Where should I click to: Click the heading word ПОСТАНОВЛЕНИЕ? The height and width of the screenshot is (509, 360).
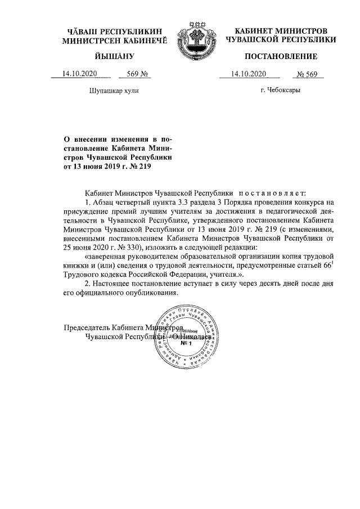pyautogui.click(x=281, y=56)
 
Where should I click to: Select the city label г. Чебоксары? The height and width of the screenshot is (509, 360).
pyautogui.click(x=280, y=90)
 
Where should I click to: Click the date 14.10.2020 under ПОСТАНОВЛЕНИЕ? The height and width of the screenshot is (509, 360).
pyautogui.click(x=247, y=74)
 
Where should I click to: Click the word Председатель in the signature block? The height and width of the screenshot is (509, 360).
pyautogui.click(x=87, y=327)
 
